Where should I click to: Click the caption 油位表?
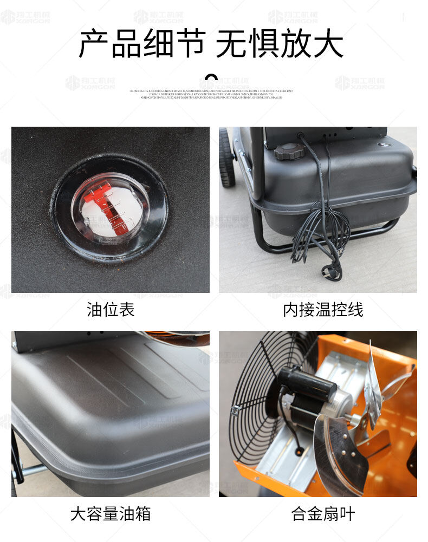(x=111, y=310)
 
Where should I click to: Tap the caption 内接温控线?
(x=323, y=310)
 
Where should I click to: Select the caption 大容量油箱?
(x=111, y=514)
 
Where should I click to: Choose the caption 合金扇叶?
(x=323, y=514)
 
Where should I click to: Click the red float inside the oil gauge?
(x=106, y=206)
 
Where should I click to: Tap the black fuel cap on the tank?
(x=289, y=152)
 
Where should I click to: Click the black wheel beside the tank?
(x=226, y=157)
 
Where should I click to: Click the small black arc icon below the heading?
(x=212, y=77)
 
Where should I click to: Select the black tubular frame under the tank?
(x=271, y=244)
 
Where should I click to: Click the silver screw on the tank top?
(x=384, y=145)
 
